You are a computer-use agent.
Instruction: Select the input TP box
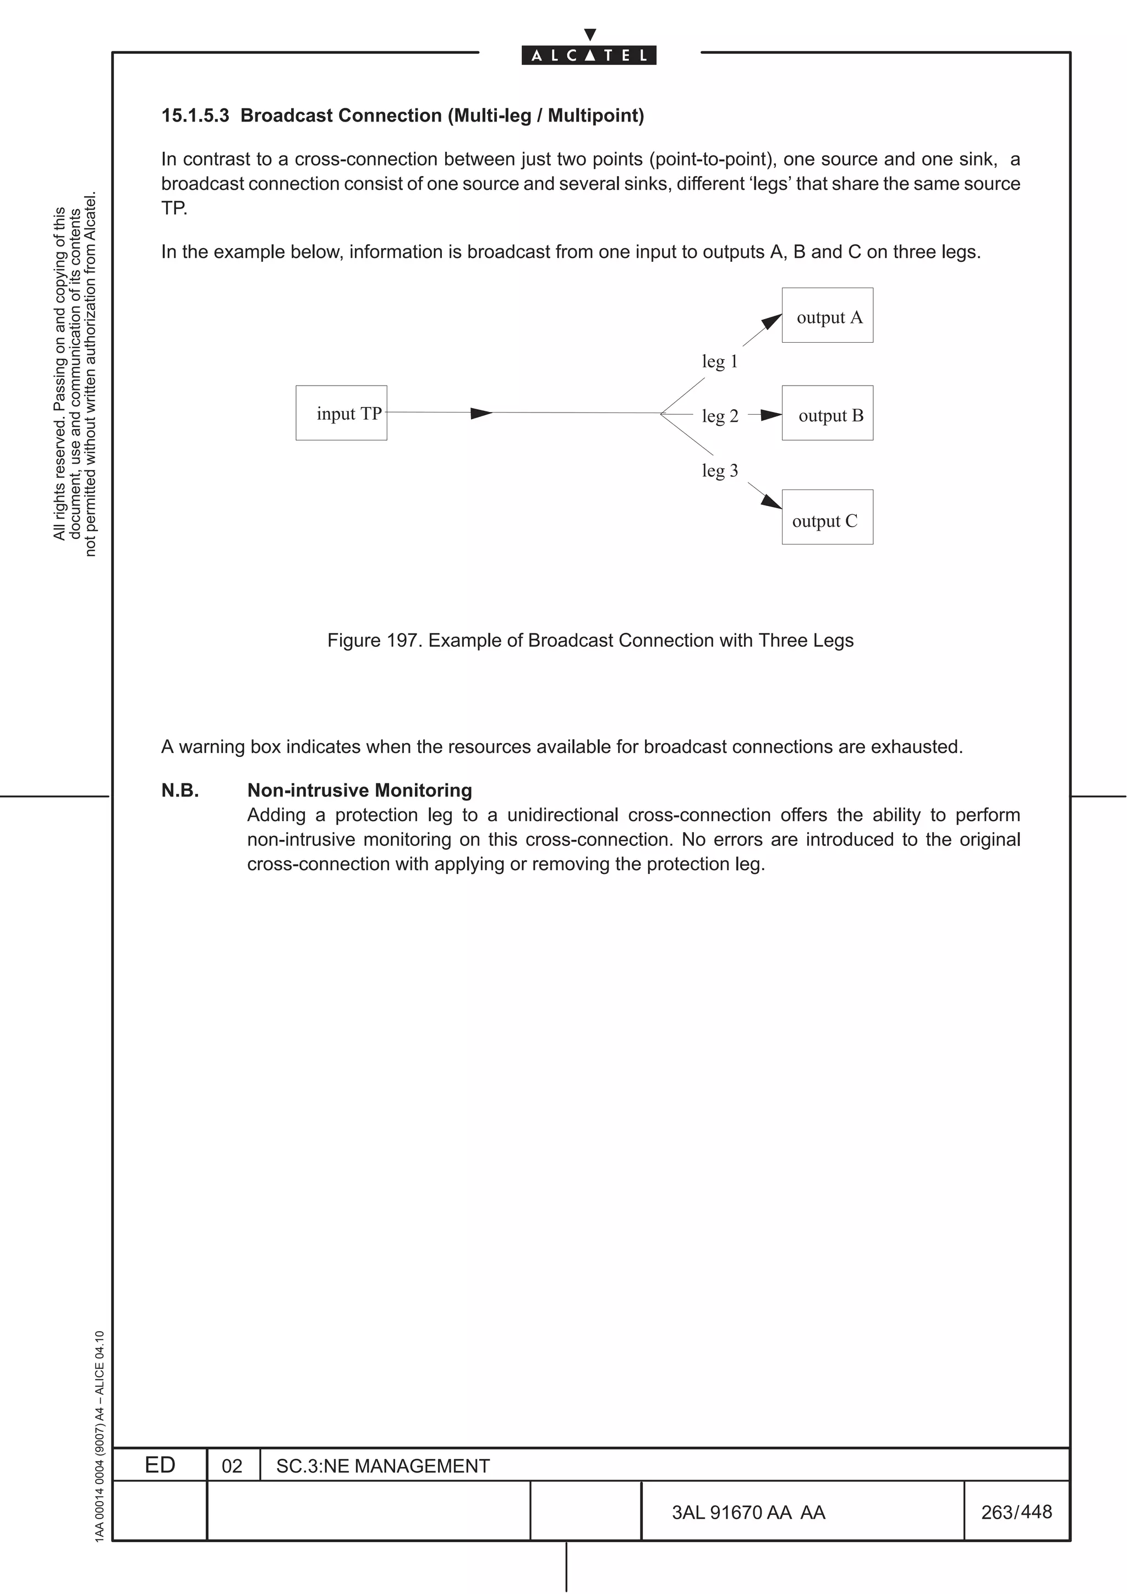pos(341,413)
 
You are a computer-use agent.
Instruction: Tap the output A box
pos(827,316)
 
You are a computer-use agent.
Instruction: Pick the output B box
pos(827,413)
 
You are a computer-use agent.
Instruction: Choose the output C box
pos(827,517)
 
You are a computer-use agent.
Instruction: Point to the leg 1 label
pos(719,362)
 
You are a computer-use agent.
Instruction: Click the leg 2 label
pos(719,416)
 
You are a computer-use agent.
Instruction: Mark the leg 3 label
pos(719,471)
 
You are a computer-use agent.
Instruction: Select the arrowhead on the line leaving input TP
pos(481,414)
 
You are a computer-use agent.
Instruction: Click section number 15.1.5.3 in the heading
pos(195,116)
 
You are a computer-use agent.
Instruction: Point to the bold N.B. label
pos(180,791)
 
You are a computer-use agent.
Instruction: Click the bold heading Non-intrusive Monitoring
pos(360,791)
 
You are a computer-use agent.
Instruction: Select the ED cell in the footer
pos(160,1465)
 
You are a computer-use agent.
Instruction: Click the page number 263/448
pos(1016,1512)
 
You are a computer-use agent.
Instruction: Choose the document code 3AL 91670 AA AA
pos(748,1513)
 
